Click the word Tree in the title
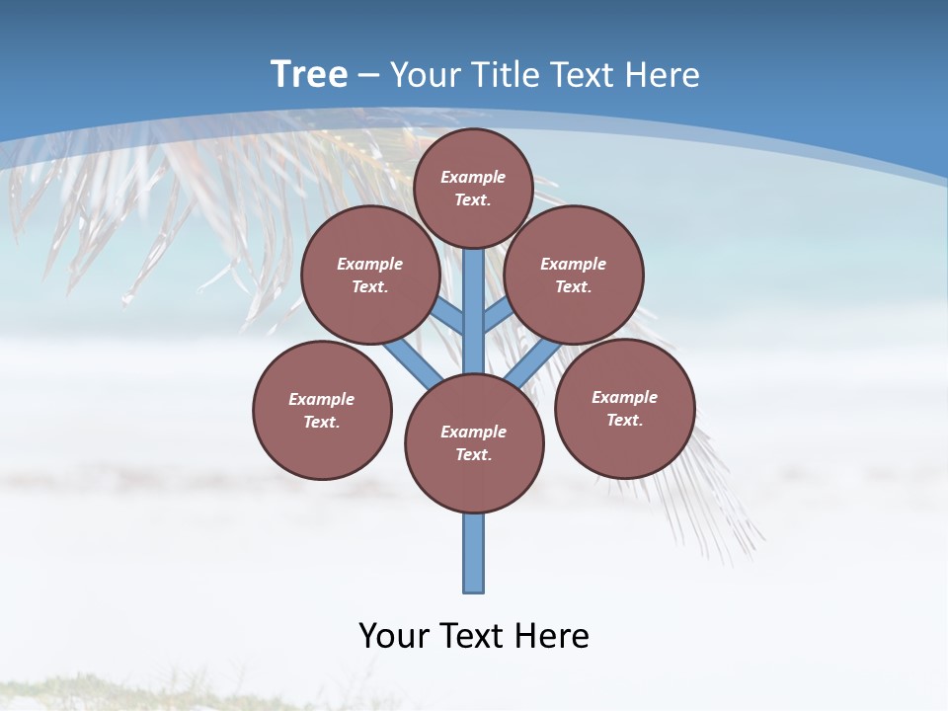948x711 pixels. (x=309, y=74)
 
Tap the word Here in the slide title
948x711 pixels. (x=663, y=75)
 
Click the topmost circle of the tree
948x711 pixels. (x=473, y=188)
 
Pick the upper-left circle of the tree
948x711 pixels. (x=370, y=275)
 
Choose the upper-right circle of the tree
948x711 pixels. (x=574, y=275)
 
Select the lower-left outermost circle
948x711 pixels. (x=322, y=410)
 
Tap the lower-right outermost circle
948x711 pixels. (x=625, y=408)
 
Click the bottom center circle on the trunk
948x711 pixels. (x=474, y=442)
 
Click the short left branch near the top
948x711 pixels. (x=449, y=317)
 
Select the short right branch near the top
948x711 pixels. (x=497, y=315)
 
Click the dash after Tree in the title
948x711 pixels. (x=367, y=75)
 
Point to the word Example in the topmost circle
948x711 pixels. (x=473, y=177)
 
